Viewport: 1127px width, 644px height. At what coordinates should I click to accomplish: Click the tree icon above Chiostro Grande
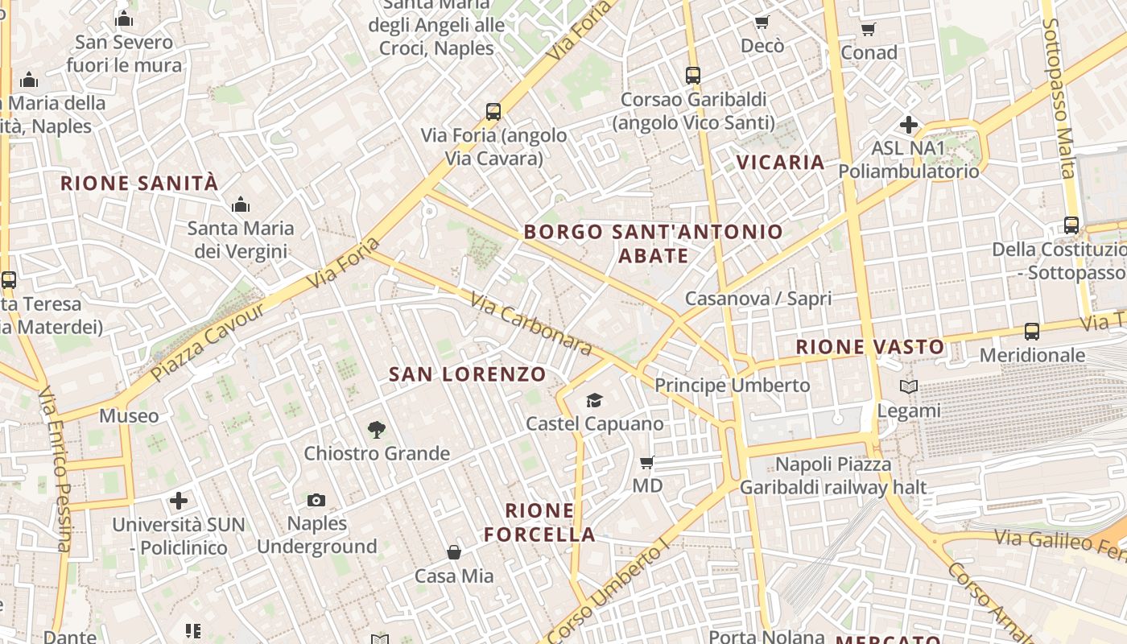[x=376, y=430]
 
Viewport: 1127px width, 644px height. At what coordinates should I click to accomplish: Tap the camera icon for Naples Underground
[x=316, y=500]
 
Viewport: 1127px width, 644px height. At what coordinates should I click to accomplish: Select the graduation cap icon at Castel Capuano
[x=594, y=400]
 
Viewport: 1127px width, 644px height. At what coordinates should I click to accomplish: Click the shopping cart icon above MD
[x=646, y=462]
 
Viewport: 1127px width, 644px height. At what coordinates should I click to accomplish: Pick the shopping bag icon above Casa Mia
[x=454, y=552]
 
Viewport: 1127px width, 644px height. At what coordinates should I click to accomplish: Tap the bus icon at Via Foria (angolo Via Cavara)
[x=493, y=112]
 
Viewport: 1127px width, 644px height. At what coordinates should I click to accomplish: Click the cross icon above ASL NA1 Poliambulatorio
[x=909, y=125]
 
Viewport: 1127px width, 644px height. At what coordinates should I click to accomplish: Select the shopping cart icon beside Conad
[x=869, y=30]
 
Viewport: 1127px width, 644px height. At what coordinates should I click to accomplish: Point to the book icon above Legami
[x=909, y=387]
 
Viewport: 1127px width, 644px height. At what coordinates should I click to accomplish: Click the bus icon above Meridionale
[x=1032, y=331]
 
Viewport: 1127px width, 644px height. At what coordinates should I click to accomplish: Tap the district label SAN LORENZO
[x=468, y=374]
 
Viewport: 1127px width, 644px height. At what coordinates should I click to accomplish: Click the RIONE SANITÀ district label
[x=139, y=184]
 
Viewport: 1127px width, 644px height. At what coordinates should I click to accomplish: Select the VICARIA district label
[x=780, y=163]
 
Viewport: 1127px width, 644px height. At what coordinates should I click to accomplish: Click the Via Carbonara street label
[x=531, y=324]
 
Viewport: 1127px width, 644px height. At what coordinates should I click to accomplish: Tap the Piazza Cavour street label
[x=208, y=342]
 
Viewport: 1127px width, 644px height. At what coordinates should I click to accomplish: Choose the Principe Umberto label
[x=732, y=386]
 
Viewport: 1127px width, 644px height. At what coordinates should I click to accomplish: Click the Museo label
[x=129, y=416]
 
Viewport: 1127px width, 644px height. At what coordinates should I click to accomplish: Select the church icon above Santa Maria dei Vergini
[x=240, y=205]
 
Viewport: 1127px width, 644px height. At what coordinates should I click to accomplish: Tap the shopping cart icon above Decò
[x=762, y=23]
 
